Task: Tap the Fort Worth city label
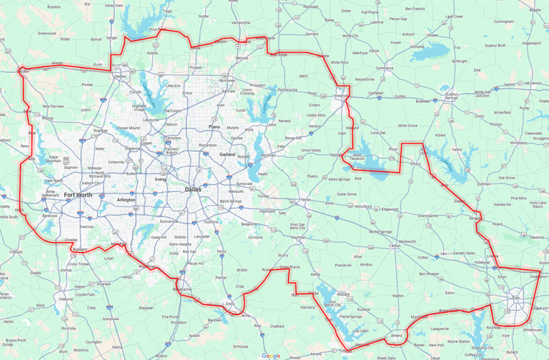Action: tap(78, 194)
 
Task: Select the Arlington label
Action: tap(126, 200)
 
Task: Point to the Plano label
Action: tap(214, 126)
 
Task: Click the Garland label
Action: tap(227, 154)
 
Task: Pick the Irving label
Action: tap(160, 179)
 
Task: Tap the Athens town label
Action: tap(398, 334)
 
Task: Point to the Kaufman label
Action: tap(299, 236)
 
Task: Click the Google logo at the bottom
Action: tap(271, 355)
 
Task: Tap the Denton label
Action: tap(120, 76)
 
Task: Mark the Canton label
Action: tap(395, 245)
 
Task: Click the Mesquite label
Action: tap(236, 191)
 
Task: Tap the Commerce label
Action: tap(385, 68)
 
